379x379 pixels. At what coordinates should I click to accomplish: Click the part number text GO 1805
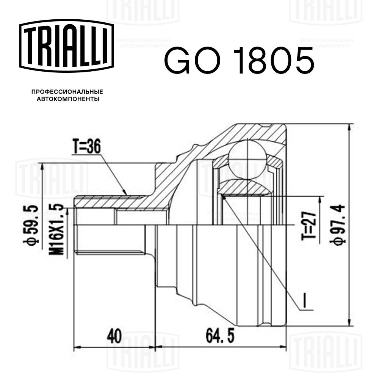pos(238,60)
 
